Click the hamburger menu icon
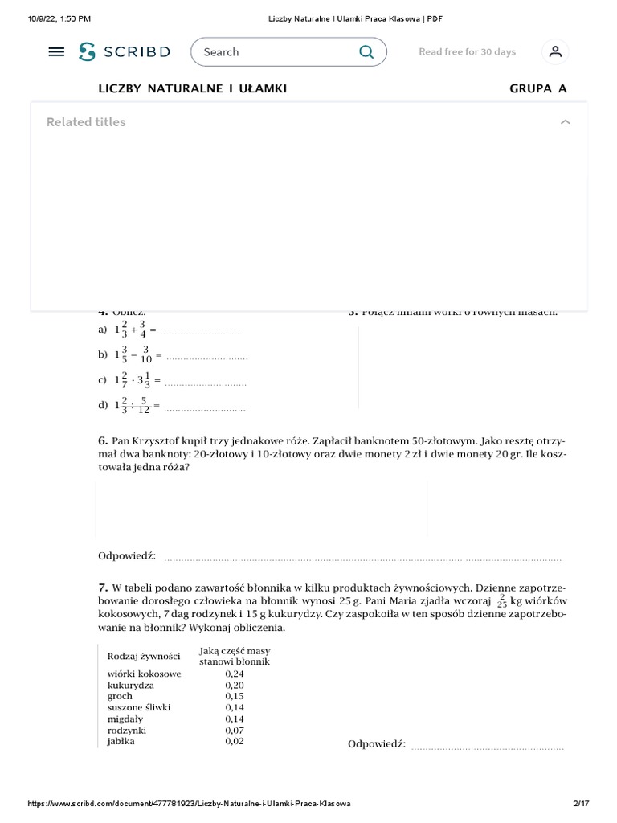click(x=56, y=51)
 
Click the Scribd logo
click(x=125, y=51)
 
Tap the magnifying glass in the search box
click(x=366, y=51)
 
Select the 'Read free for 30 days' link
click(x=467, y=51)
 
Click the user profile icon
click(x=555, y=51)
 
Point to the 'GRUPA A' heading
click(x=537, y=88)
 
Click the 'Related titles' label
click(x=86, y=121)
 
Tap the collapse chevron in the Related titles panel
click(x=565, y=122)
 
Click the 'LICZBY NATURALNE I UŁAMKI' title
click(x=192, y=88)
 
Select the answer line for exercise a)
click(x=201, y=331)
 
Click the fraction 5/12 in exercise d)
click(x=144, y=405)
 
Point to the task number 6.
click(x=103, y=440)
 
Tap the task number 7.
click(x=103, y=588)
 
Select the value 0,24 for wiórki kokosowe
click(x=235, y=674)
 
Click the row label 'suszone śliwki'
click(x=139, y=707)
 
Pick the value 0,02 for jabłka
click(x=235, y=741)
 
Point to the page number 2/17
click(x=581, y=804)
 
